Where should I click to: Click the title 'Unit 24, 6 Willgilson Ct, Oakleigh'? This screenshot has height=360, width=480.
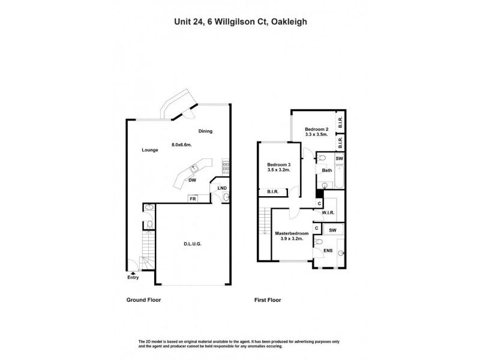(x=240, y=20)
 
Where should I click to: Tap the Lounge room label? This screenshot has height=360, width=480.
(x=150, y=150)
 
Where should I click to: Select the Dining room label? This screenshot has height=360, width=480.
(x=205, y=131)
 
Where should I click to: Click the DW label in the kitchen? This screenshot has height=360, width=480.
(x=193, y=180)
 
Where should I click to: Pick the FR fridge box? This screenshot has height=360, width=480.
(x=193, y=199)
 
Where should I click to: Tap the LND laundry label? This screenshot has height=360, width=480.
(x=222, y=188)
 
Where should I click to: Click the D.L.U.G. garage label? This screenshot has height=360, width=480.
(x=192, y=244)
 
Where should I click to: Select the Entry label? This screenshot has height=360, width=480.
(x=133, y=277)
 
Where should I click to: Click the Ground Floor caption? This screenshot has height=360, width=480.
(x=143, y=299)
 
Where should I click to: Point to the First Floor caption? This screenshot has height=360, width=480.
(x=266, y=299)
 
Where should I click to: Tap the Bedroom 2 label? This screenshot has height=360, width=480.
(x=316, y=130)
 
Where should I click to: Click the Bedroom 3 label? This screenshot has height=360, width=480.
(x=279, y=165)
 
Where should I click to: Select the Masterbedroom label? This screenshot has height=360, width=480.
(x=292, y=233)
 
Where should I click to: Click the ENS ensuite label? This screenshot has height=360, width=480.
(x=328, y=250)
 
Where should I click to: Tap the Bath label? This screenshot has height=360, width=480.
(x=327, y=170)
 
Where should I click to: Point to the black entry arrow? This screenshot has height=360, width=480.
(x=133, y=272)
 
